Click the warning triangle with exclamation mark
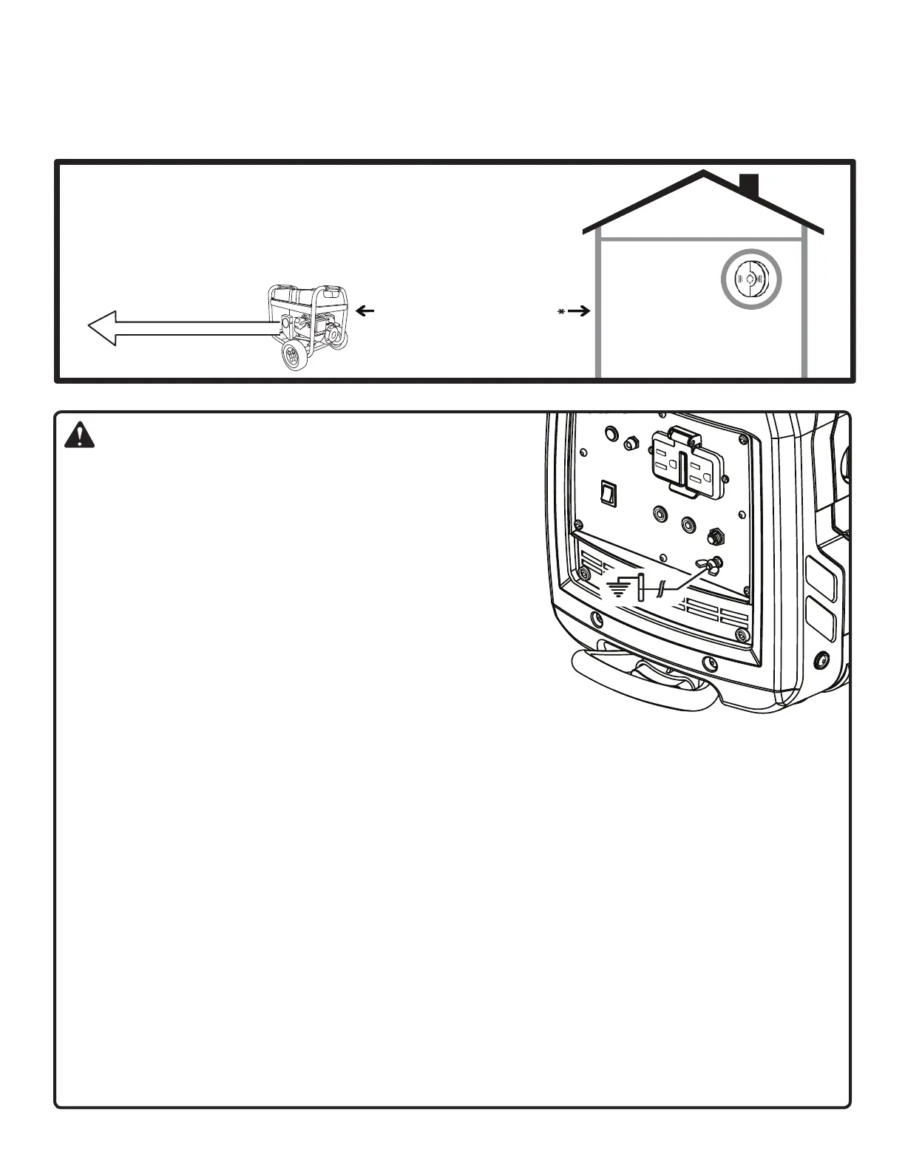79,437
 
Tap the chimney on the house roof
749,186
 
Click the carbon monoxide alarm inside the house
751,279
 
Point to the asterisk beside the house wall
561,312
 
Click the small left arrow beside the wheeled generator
365,312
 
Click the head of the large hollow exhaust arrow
104,327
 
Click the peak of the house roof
703,174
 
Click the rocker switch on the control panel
607,494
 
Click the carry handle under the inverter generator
643,678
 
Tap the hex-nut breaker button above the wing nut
716,536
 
